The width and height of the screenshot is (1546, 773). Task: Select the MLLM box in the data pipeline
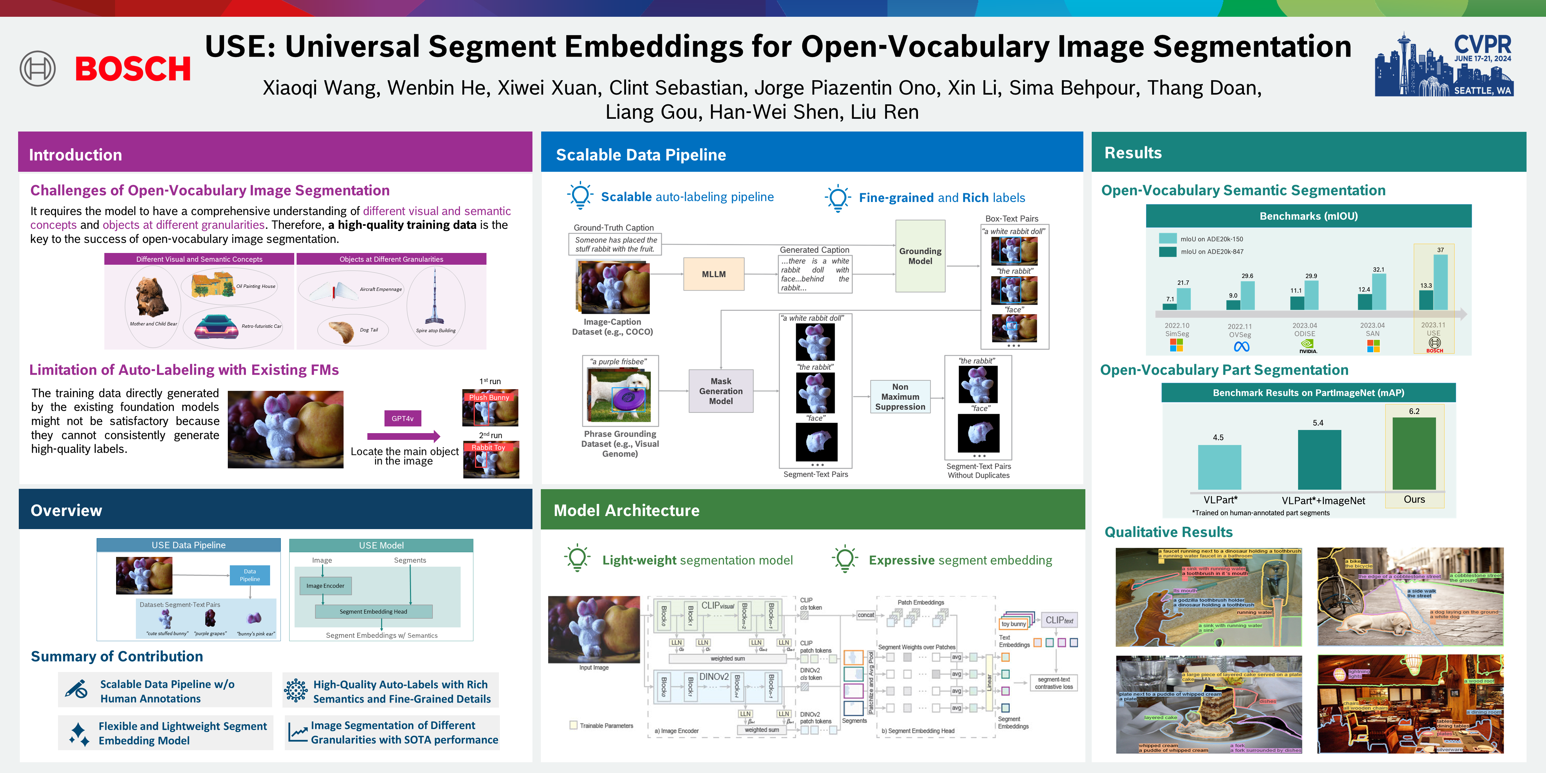[x=714, y=274]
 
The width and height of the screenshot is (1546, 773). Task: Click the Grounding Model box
[x=920, y=256]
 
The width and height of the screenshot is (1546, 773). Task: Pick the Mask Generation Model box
[x=721, y=391]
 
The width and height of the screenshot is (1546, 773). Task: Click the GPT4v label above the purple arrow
[x=402, y=418]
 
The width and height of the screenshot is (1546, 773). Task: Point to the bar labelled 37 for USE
[x=1440, y=282]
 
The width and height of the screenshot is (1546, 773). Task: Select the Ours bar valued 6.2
[x=1414, y=453]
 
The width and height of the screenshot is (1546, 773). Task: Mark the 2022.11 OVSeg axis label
[x=1240, y=331]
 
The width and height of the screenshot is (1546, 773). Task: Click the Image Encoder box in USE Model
[x=325, y=586]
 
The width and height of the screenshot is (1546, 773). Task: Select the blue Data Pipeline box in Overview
[x=250, y=575]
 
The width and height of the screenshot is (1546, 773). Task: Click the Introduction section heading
[x=75, y=155]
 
